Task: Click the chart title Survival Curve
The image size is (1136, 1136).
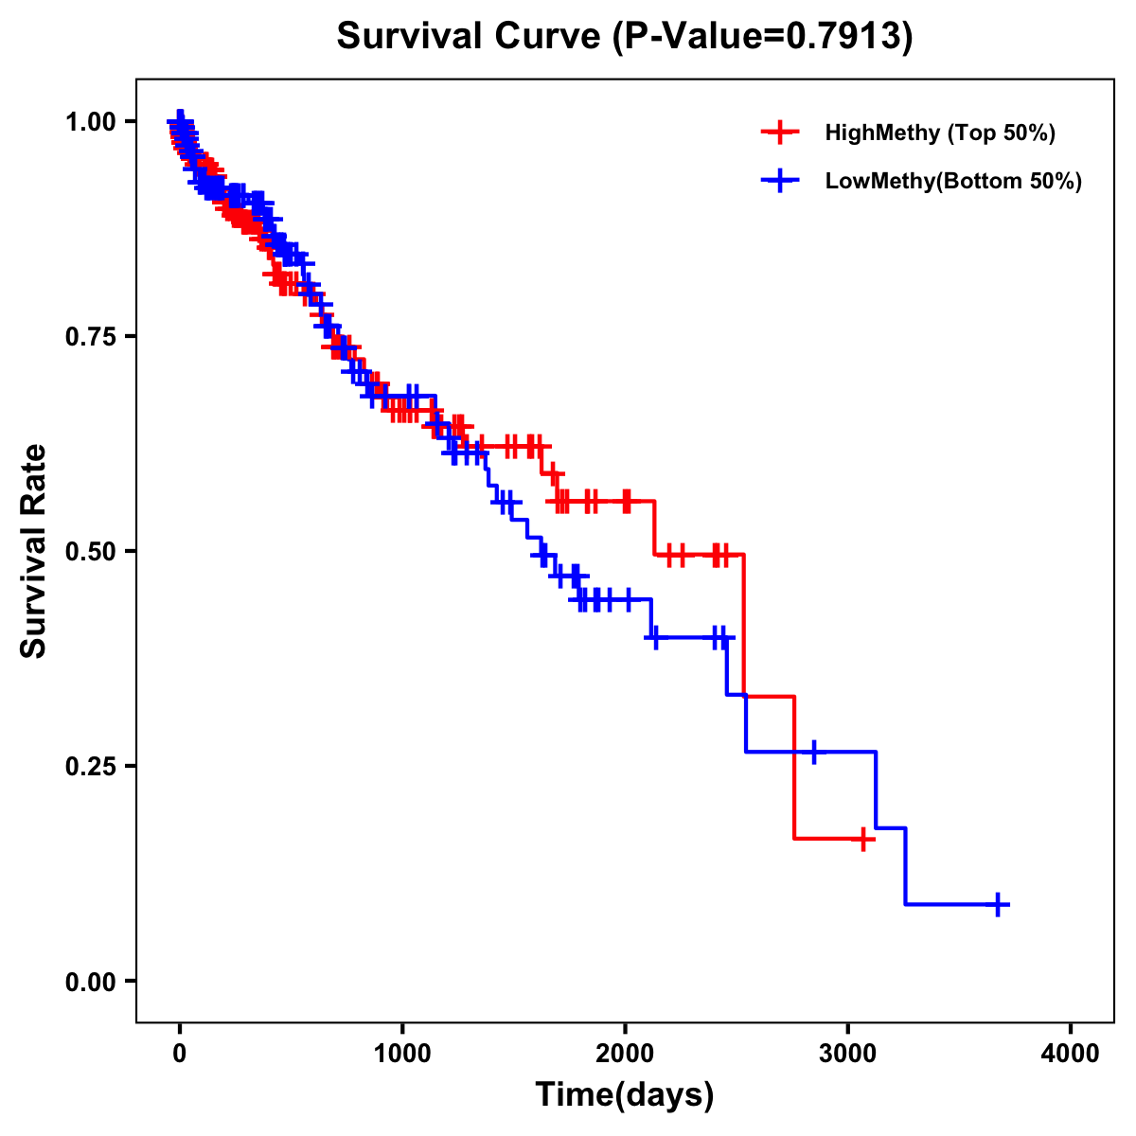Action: (x=469, y=37)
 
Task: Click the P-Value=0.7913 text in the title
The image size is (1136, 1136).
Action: (x=763, y=37)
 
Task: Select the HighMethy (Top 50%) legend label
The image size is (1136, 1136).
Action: (x=940, y=133)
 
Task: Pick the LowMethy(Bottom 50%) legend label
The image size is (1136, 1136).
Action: (x=953, y=182)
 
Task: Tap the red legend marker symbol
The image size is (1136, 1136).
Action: (x=780, y=133)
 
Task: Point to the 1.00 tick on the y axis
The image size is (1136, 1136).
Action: (x=90, y=122)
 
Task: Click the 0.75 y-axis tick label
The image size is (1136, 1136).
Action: (x=90, y=337)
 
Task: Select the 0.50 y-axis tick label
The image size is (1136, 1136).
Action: (x=90, y=552)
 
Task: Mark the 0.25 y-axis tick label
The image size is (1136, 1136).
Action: (x=90, y=767)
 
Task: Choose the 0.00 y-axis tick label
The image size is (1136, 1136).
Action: (x=90, y=982)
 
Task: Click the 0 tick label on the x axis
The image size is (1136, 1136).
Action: (x=180, y=1054)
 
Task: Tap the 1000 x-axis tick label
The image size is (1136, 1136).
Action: (x=402, y=1054)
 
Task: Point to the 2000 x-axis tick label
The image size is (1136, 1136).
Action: (x=625, y=1054)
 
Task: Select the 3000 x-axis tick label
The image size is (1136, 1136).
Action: (x=848, y=1054)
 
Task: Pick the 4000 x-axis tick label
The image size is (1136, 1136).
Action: (x=1071, y=1054)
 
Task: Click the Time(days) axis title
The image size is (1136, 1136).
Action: (x=625, y=1095)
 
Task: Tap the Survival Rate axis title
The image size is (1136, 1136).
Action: (x=35, y=551)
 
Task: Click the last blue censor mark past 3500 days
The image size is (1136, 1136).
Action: (x=998, y=904)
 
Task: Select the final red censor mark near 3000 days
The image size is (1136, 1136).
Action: (x=862, y=839)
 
